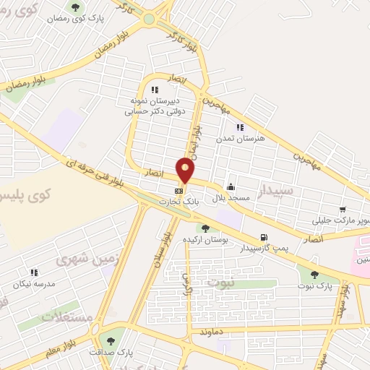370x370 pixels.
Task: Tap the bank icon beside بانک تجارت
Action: coord(178,190)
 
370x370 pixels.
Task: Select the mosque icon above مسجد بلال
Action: coord(230,186)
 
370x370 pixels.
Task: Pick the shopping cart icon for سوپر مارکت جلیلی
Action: coord(343,210)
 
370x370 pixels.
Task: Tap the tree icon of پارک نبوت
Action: coord(314,275)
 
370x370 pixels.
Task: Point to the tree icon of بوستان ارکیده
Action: coord(207,228)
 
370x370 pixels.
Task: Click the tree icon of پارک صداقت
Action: coord(111,340)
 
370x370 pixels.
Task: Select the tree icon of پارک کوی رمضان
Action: coord(75,8)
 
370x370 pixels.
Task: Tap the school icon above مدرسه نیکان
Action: coord(33,272)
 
